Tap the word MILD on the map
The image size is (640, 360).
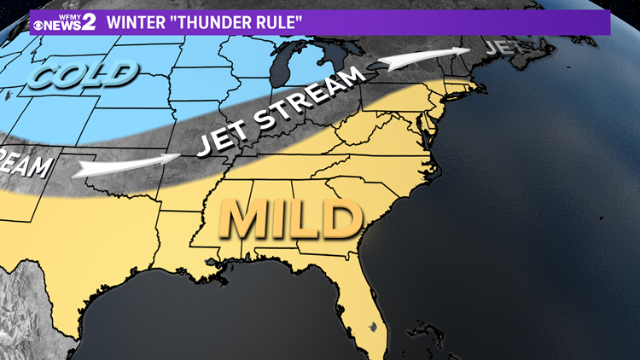pos(288,220)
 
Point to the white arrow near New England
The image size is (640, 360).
pos(418,60)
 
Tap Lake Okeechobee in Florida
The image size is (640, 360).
pos(373,327)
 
